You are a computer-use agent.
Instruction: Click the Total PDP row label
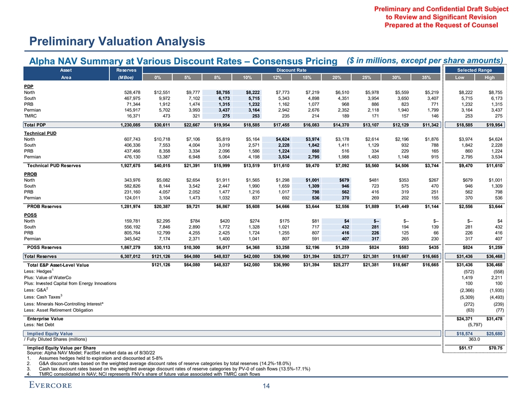[x=35, y=124]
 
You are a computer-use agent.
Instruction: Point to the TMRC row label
[x=30, y=115]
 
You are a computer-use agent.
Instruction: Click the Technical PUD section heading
[x=38, y=132]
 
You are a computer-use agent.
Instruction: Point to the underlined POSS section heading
[x=30, y=214]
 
